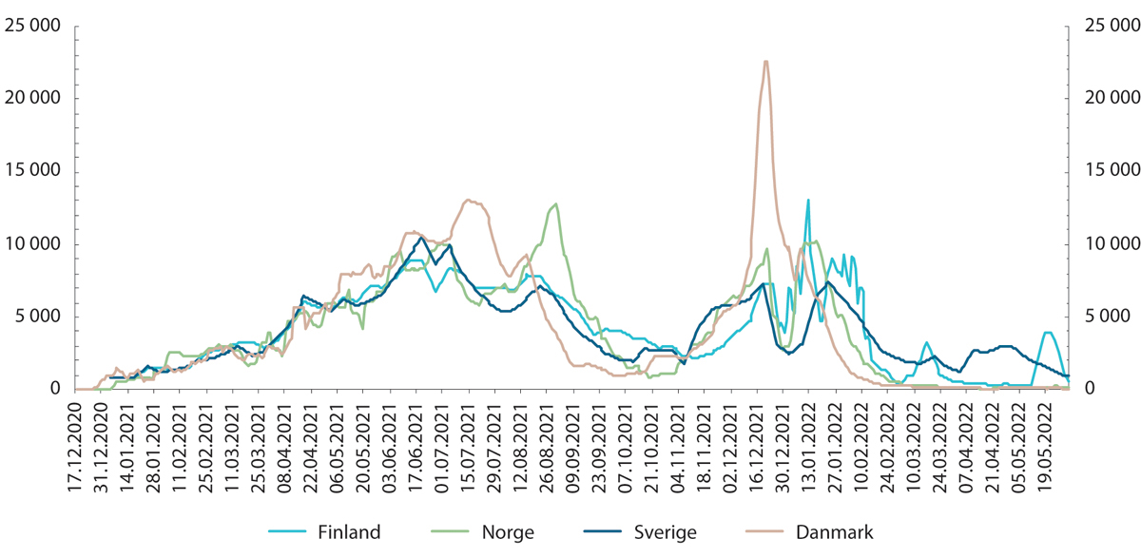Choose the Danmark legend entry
click(x=834, y=532)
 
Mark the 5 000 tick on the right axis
click(x=1100, y=317)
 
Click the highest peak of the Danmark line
click(x=765, y=62)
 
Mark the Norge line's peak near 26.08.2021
click(x=555, y=203)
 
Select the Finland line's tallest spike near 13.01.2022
click(x=808, y=201)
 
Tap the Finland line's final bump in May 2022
click(x=1047, y=333)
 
